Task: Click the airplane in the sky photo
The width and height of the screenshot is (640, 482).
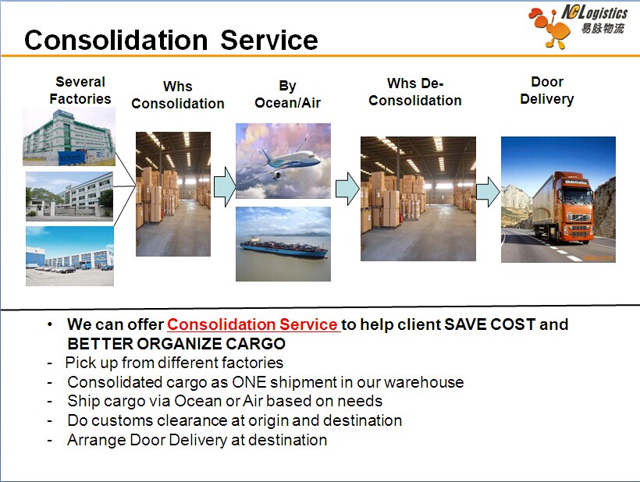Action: [x=286, y=159]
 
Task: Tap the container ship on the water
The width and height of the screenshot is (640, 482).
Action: [x=284, y=246]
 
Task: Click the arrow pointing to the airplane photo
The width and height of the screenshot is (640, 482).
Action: [x=225, y=186]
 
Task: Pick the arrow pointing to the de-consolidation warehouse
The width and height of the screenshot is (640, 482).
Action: [x=347, y=189]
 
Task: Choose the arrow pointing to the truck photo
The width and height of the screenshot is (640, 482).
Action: [x=488, y=191]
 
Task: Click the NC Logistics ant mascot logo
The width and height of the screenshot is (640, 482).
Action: [x=549, y=29]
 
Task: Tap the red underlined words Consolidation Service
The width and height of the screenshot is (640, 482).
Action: [x=253, y=324]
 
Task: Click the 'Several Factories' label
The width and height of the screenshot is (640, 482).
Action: [x=80, y=90]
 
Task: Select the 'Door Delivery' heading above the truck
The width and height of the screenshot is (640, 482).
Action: [x=547, y=90]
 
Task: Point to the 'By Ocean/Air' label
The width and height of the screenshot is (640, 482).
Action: [x=287, y=94]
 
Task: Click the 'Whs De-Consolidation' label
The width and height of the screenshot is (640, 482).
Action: [x=414, y=92]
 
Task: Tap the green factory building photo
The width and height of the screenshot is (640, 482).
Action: [x=69, y=136]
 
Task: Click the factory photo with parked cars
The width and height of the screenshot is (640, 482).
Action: [x=69, y=256]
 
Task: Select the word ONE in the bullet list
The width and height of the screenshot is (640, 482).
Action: [x=249, y=382]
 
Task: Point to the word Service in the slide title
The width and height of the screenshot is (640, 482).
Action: [x=269, y=40]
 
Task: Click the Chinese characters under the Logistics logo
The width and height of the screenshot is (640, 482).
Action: [x=603, y=28]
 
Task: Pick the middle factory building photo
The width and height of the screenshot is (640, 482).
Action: [x=69, y=197]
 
